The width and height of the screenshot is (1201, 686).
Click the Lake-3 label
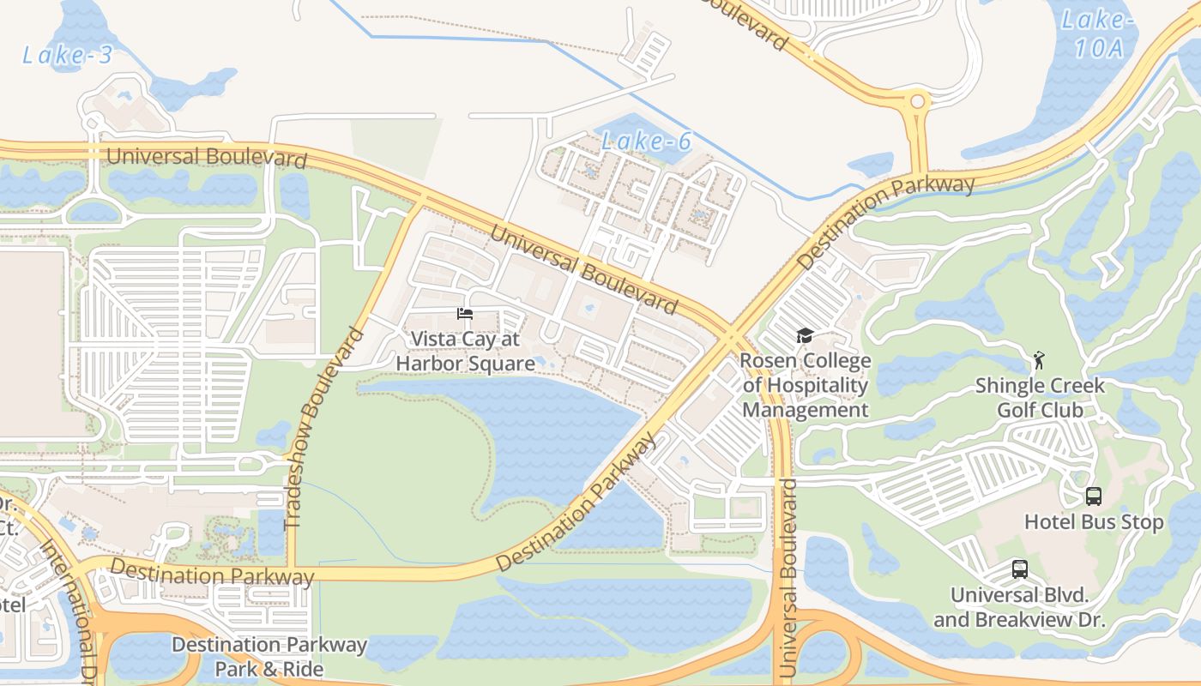tap(67, 56)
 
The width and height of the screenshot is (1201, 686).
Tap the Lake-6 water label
tap(646, 141)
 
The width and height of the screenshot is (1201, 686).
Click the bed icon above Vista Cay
tap(465, 314)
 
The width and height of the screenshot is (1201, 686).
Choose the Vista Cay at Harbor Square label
tap(465, 352)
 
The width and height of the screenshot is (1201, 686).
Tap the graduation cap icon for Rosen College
tap(805, 335)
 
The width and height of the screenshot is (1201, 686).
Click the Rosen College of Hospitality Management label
tap(806, 385)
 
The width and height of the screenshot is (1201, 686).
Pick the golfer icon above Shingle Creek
tap(1040, 359)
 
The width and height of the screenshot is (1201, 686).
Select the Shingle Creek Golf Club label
tap(1040, 398)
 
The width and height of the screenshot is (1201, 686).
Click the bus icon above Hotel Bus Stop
tap(1093, 496)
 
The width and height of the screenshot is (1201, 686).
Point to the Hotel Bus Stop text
tap(1094, 522)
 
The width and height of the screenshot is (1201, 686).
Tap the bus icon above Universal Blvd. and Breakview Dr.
tap(1019, 569)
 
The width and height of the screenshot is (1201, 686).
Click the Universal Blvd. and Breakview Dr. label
tap(1019, 607)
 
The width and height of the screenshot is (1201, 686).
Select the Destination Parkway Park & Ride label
tap(269, 657)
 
